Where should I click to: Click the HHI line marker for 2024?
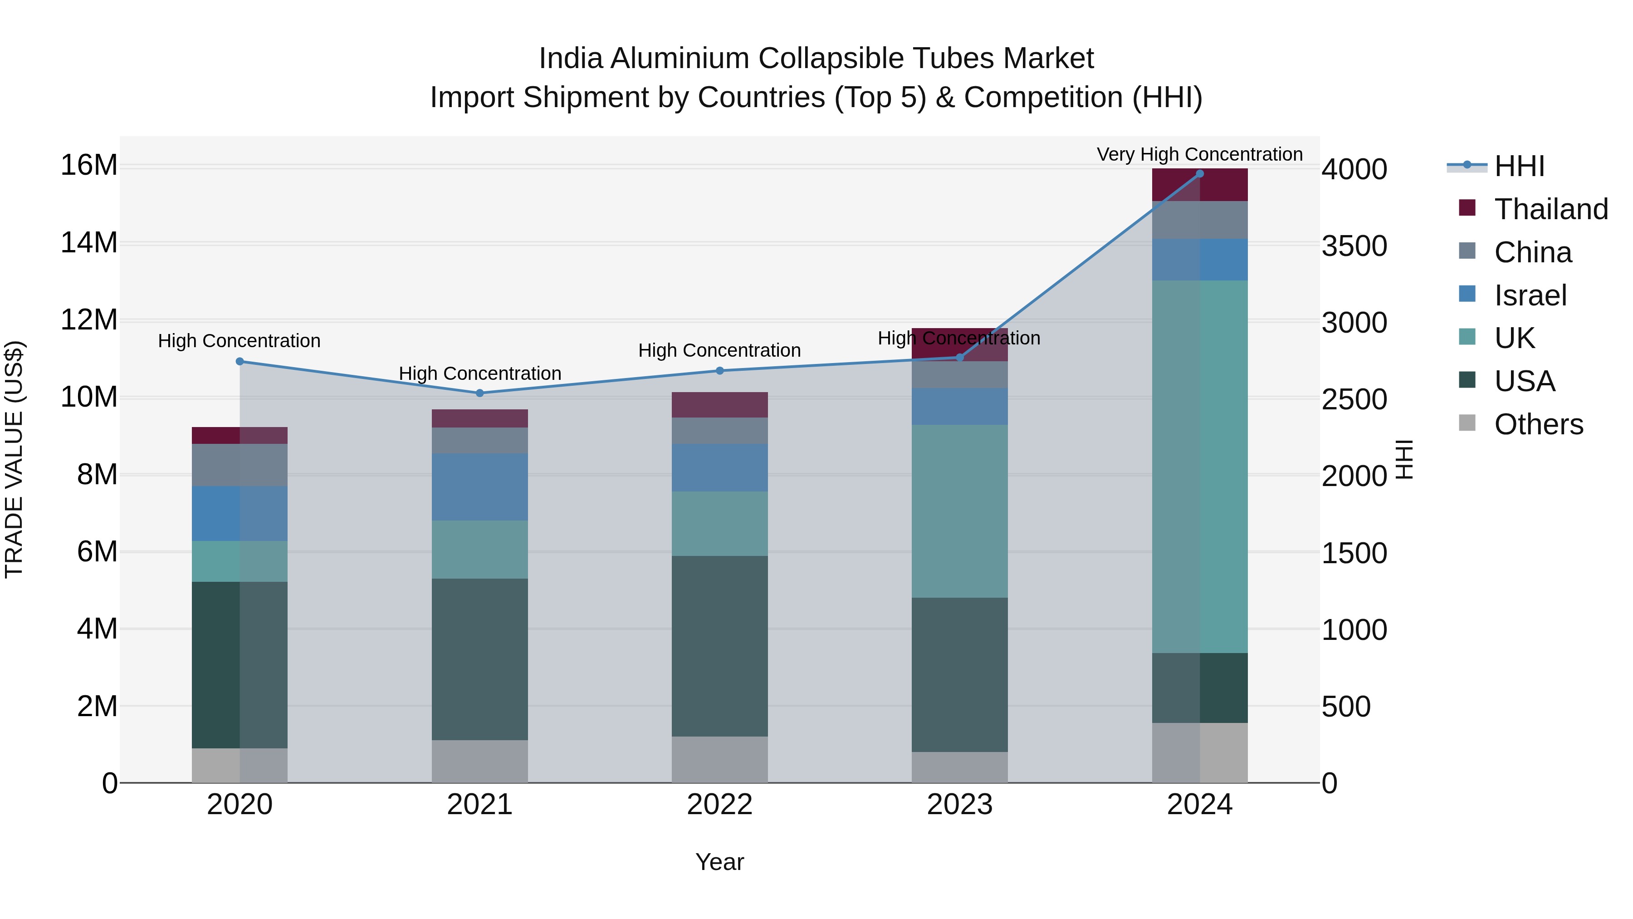point(1199,174)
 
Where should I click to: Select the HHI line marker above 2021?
point(480,393)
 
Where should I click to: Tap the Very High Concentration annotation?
point(1199,154)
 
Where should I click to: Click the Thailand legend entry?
point(1550,209)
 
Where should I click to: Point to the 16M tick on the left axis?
point(89,166)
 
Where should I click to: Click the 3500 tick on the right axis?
point(1354,247)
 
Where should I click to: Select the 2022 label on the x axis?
point(719,805)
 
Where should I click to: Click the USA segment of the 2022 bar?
point(719,646)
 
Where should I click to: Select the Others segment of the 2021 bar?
point(480,761)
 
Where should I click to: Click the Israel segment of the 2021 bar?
point(480,487)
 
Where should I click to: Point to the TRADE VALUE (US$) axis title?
point(14,459)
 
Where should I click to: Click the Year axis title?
point(719,862)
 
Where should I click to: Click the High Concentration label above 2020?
point(239,340)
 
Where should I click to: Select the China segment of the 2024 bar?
point(1199,220)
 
